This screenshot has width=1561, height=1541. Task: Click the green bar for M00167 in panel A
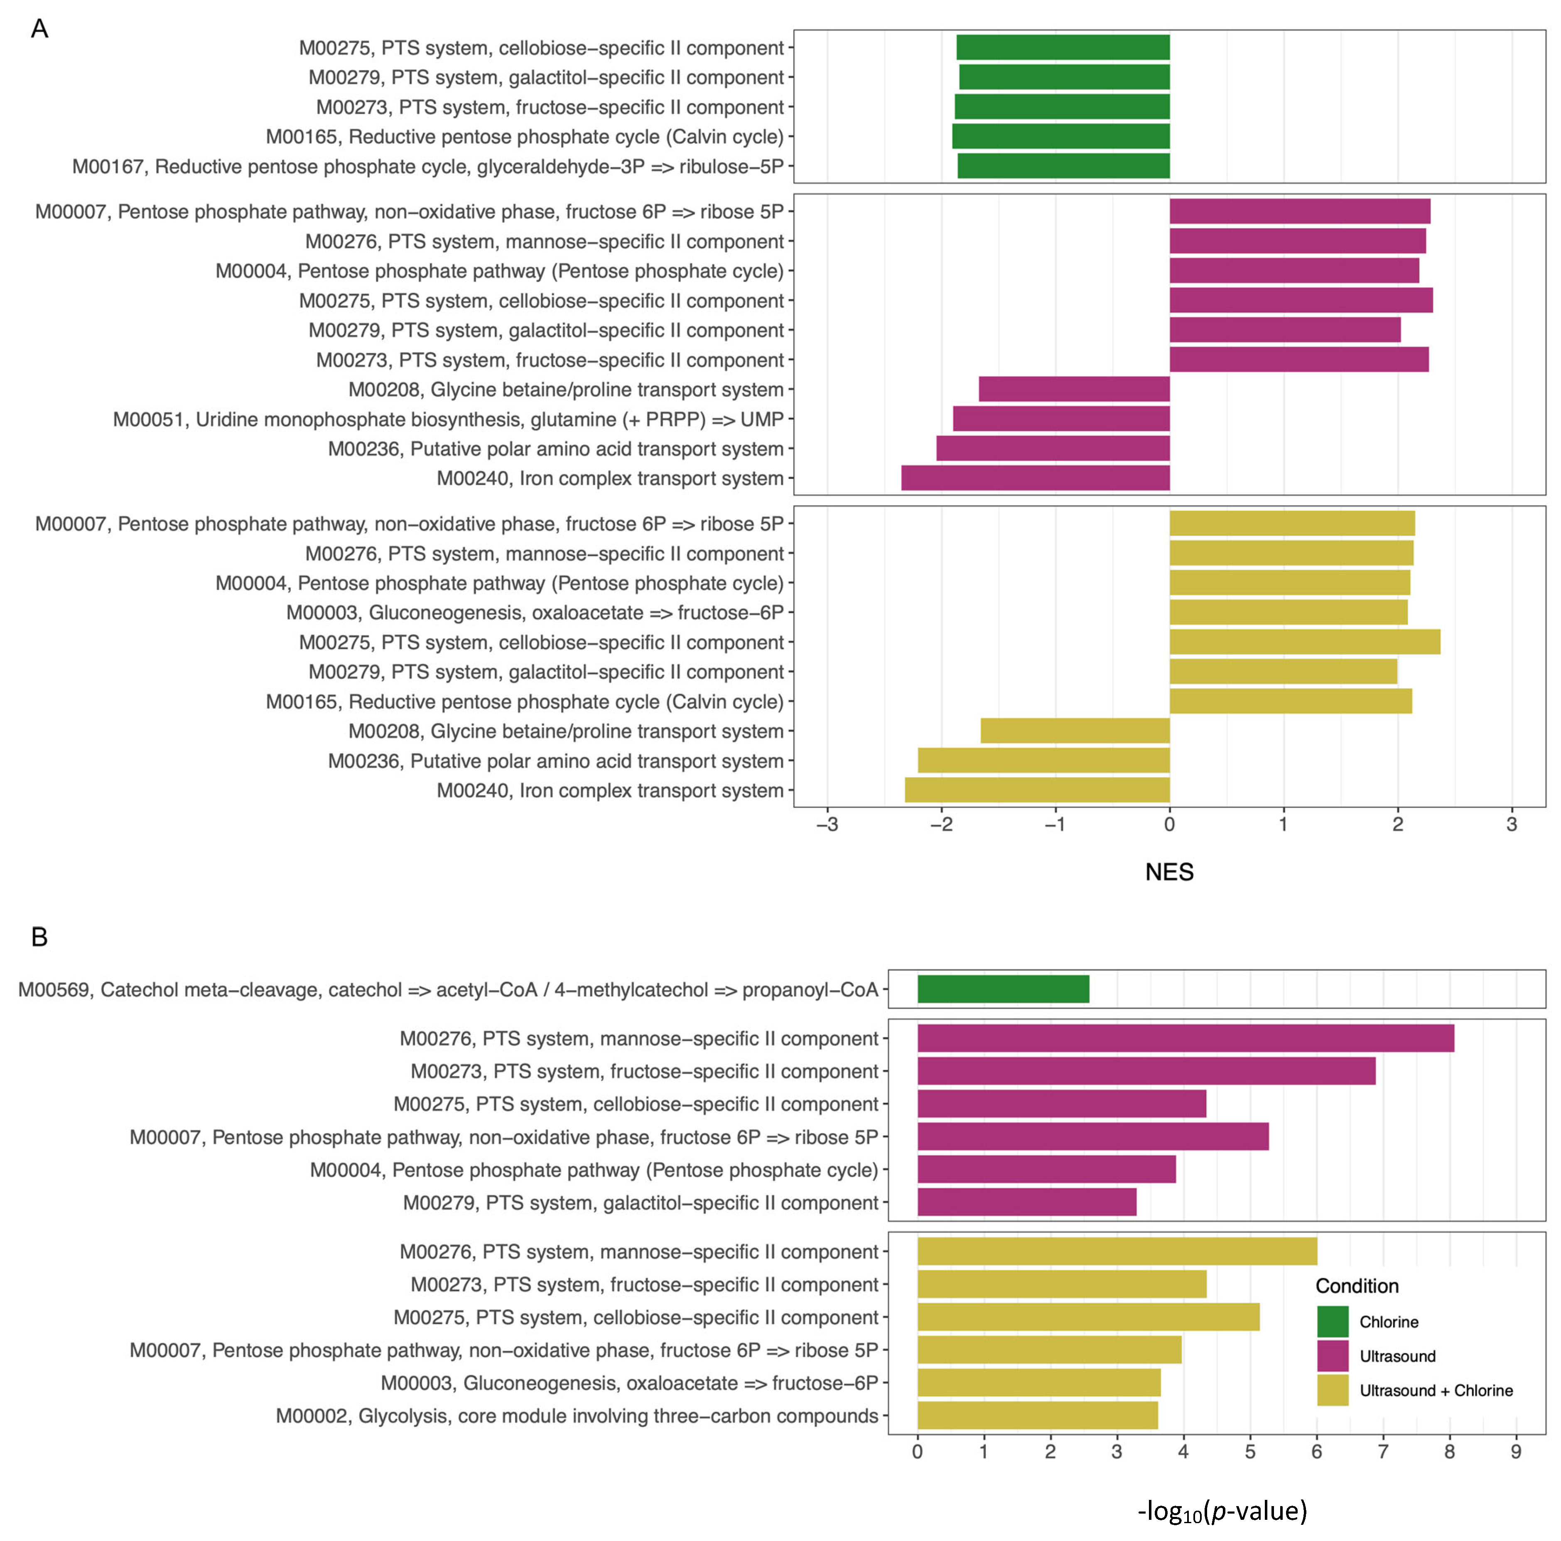1063,167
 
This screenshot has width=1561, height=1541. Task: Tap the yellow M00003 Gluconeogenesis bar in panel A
1288,613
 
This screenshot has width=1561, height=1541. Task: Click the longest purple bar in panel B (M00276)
1185,1038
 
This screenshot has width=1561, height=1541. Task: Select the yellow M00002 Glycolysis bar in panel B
1038,1416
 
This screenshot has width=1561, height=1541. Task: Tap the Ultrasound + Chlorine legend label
1436,1391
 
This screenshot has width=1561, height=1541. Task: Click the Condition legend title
1357,1286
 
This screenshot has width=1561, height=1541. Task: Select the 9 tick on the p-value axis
1516,1452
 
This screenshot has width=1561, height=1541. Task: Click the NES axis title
1169,872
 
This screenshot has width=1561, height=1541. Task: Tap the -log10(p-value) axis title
1222,1510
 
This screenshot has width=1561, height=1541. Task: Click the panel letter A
39,29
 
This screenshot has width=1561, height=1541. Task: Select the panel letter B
39,937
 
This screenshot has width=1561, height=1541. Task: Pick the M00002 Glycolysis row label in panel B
577,1416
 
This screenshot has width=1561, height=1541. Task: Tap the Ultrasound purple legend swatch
1333,1356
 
